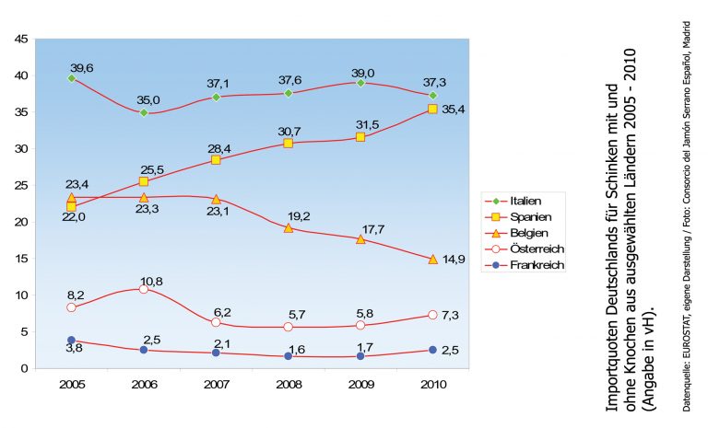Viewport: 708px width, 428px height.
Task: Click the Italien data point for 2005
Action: [71, 78]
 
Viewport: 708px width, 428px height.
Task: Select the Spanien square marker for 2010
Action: [432, 110]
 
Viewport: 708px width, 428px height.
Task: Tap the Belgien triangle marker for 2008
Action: [289, 227]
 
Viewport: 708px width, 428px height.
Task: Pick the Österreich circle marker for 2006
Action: [144, 289]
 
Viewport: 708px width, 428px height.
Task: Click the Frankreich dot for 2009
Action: [360, 355]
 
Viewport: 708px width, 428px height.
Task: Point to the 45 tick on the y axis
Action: [21, 39]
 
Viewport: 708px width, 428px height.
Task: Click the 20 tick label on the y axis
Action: [21, 222]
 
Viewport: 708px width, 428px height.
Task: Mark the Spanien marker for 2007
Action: [216, 160]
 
